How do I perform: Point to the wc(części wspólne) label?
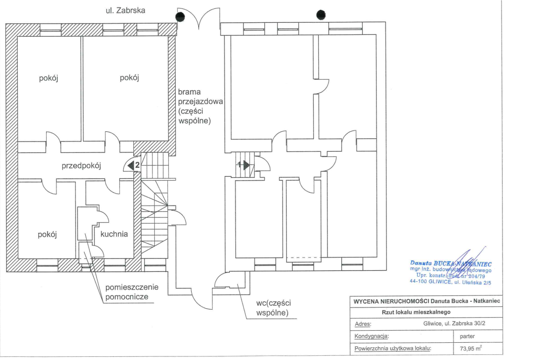pyautogui.click(x=273, y=308)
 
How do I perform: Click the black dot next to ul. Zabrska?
pyautogui.click(x=180, y=17)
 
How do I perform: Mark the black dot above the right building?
pyautogui.click(x=321, y=15)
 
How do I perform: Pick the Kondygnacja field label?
pyautogui.click(x=372, y=335)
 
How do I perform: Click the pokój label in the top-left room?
pyautogui.click(x=48, y=78)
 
